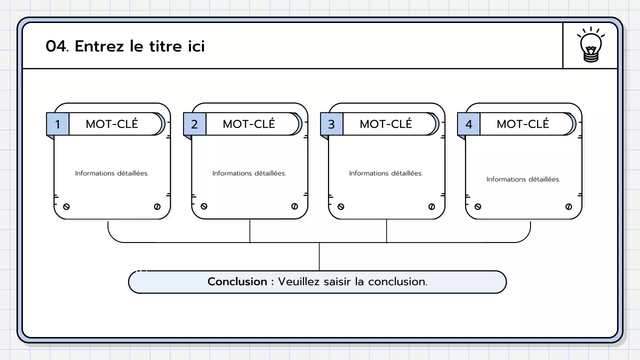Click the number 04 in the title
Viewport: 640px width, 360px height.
[x=56, y=46]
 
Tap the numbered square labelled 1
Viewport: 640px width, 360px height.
[x=57, y=124]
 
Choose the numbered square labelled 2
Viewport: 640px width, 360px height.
[x=194, y=124]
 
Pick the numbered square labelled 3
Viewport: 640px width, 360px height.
[x=331, y=124]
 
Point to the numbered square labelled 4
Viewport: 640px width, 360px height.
[x=468, y=124]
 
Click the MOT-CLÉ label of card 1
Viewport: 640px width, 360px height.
[x=111, y=124]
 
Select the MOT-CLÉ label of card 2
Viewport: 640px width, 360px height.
[x=248, y=124]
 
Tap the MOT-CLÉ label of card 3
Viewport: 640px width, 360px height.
[x=385, y=124]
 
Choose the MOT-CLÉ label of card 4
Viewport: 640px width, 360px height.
[x=522, y=124]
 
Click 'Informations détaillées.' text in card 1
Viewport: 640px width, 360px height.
[x=112, y=173]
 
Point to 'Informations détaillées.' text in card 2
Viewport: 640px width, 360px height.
[x=249, y=173]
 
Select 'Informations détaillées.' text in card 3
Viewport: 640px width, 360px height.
[x=386, y=173]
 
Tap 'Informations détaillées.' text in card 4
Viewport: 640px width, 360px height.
[x=523, y=179]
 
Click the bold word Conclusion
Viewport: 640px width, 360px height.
[x=237, y=281]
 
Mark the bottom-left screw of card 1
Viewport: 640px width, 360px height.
[x=66, y=206]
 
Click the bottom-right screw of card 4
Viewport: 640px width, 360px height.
[x=568, y=206]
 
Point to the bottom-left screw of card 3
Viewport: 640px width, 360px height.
[x=340, y=206]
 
